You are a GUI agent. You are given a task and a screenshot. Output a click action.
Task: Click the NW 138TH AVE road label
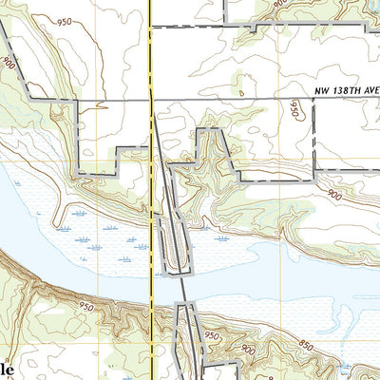click(345, 91)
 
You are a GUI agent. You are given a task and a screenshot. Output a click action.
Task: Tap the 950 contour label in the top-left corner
click(64, 22)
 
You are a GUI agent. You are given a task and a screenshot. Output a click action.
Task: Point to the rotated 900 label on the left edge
click(9, 66)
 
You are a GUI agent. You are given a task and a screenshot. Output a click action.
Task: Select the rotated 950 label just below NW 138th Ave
click(294, 111)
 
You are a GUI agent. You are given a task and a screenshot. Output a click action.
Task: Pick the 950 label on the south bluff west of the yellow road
click(87, 307)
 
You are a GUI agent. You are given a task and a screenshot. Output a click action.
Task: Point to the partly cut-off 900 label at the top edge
click(277, 5)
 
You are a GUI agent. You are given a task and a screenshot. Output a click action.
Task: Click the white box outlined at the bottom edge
click(219, 372)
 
